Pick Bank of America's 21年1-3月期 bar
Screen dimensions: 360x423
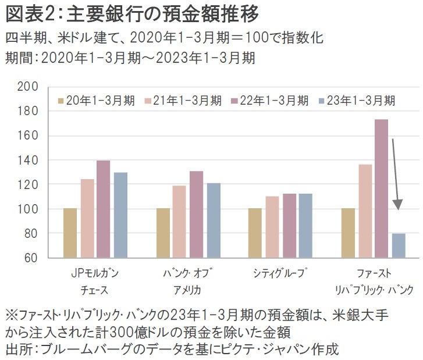point(179,221)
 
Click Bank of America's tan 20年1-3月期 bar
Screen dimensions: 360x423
point(163,233)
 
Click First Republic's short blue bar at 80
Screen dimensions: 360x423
point(398,245)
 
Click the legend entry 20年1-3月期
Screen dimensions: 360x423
point(97,100)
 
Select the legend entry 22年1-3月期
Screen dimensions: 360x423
point(270,100)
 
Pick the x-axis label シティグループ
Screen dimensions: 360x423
point(272,273)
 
